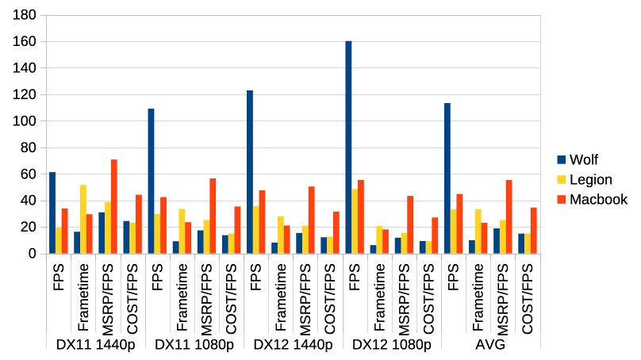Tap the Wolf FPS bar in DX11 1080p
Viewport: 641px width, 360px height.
coord(151,181)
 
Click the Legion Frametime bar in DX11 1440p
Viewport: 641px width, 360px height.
coord(83,219)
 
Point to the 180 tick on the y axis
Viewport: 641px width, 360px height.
coord(25,15)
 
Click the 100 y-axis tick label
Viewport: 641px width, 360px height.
coord(25,121)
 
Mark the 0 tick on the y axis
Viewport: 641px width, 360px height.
coord(32,254)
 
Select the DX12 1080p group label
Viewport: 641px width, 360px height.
coord(391,344)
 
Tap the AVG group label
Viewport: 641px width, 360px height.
coord(490,344)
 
